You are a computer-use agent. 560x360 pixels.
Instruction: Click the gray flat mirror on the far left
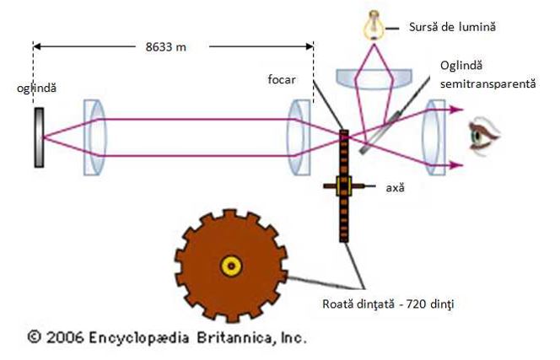[x=40, y=136]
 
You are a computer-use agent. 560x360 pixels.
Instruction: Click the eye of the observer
[x=486, y=136]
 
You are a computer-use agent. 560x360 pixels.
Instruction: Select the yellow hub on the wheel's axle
[x=343, y=186]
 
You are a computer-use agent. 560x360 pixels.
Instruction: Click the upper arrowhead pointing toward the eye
[x=458, y=109]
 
